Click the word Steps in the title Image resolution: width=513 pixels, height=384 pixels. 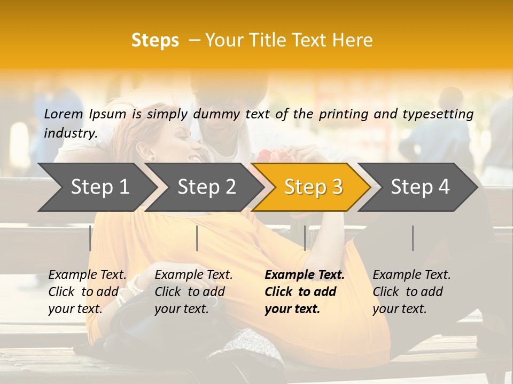(x=155, y=41)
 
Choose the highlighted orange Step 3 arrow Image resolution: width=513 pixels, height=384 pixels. (x=313, y=187)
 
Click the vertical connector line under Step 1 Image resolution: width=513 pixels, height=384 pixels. (x=90, y=238)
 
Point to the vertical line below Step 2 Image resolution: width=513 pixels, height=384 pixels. (x=197, y=238)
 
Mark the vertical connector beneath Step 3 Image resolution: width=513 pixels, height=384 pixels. (x=305, y=238)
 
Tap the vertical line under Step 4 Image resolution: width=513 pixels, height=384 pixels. (x=413, y=238)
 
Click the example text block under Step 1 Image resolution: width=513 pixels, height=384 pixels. (x=87, y=292)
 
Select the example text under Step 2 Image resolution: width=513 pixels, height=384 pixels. (x=193, y=292)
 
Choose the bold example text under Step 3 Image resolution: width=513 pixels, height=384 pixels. (x=305, y=292)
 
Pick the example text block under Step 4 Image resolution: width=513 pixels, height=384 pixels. (x=411, y=292)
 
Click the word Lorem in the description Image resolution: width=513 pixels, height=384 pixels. (x=64, y=114)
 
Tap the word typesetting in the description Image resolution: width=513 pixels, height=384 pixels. (x=442, y=114)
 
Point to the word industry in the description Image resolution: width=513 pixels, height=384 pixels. (x=70, y=133)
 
